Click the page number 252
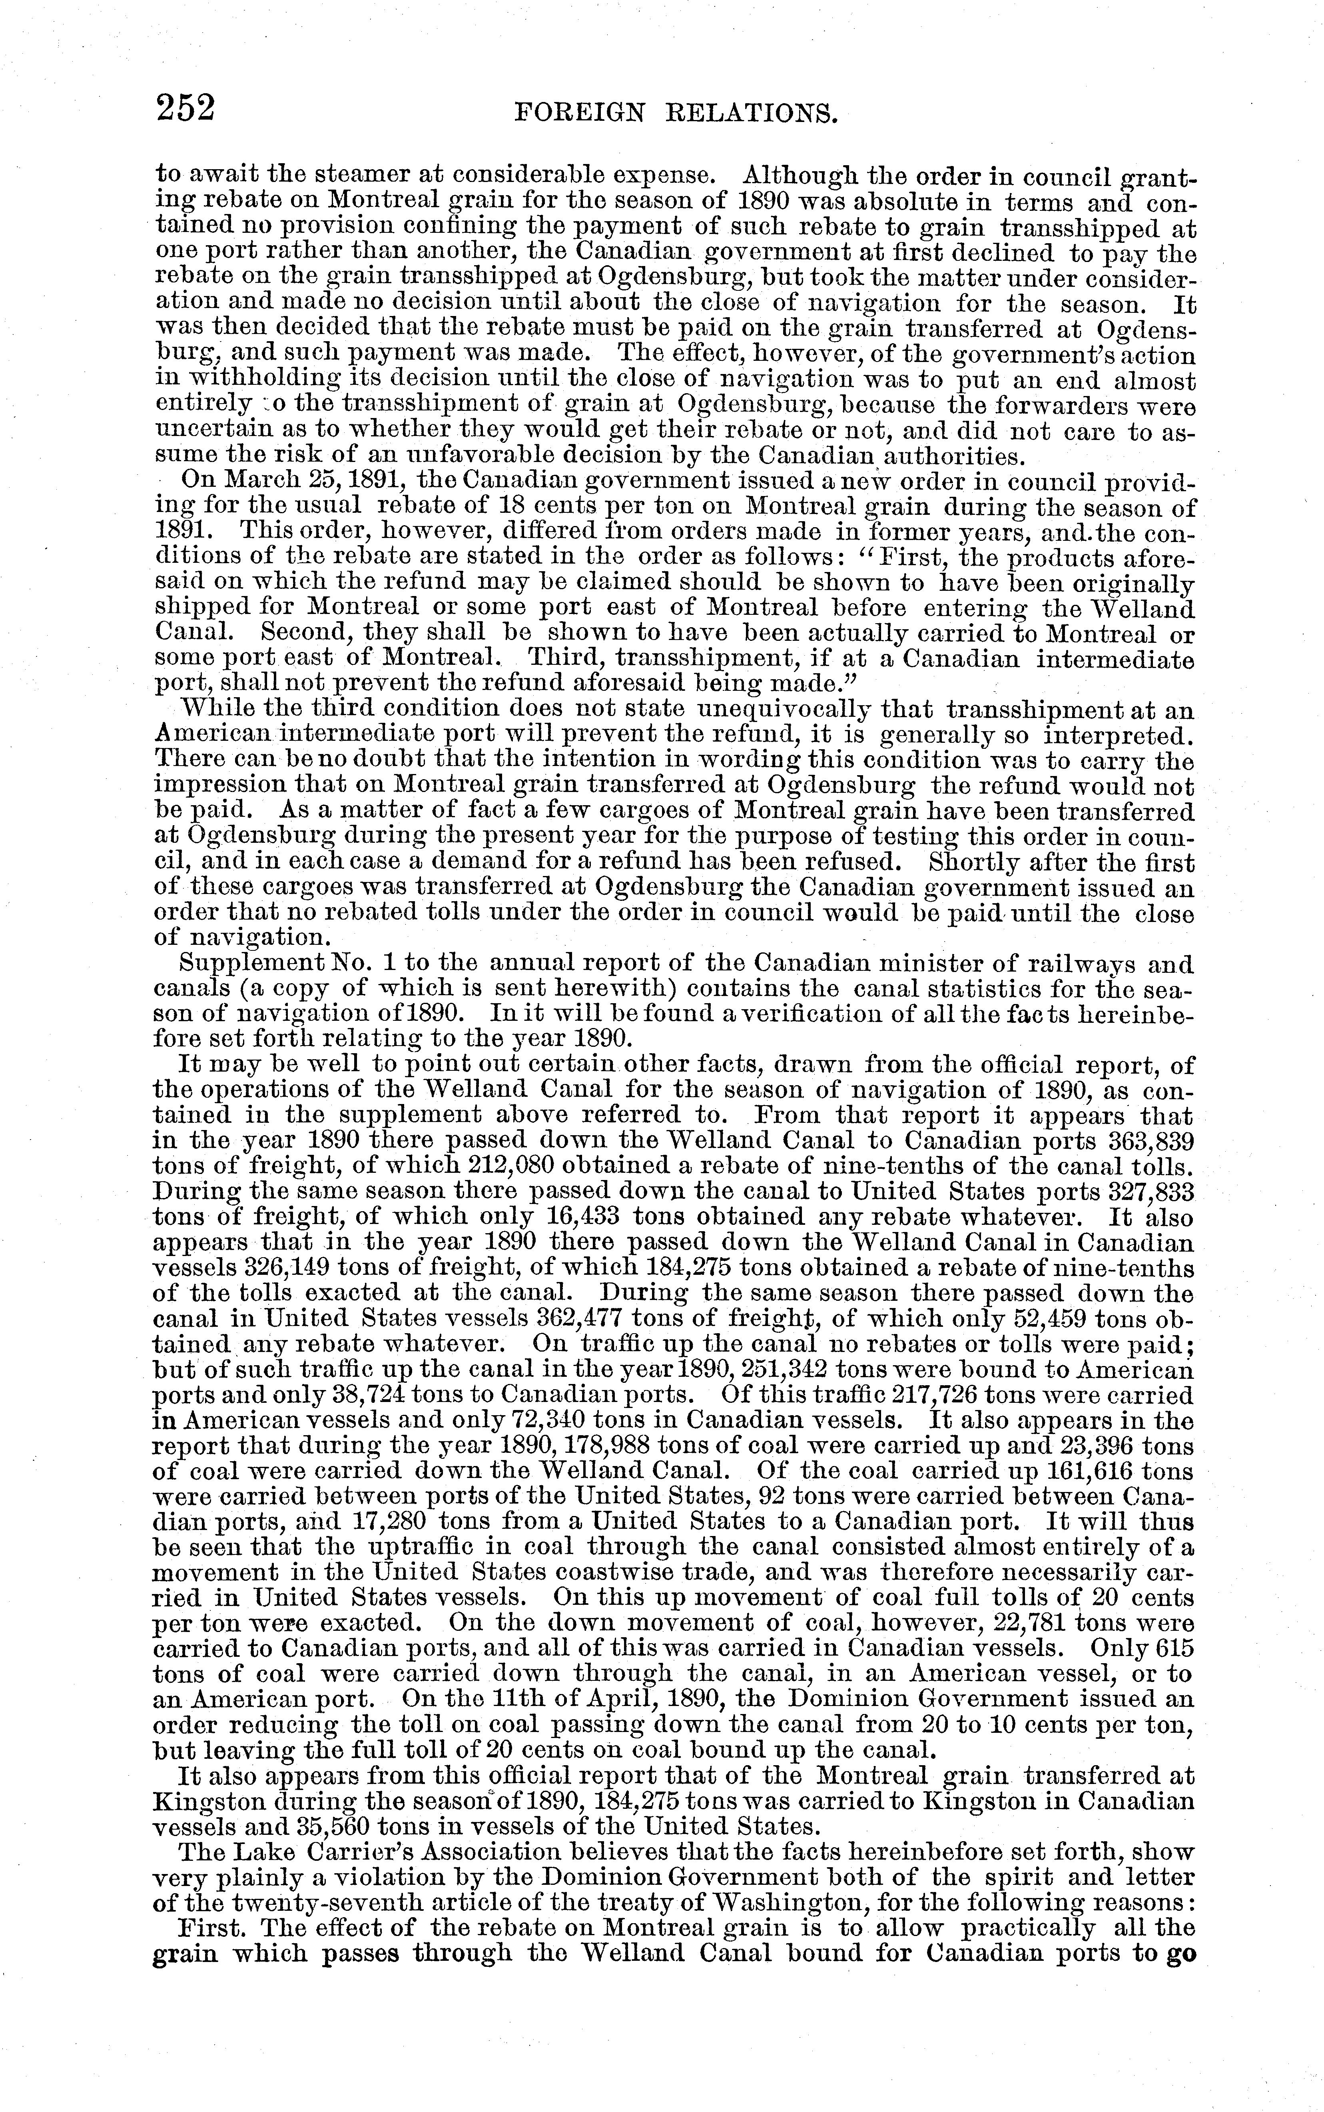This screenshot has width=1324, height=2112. (185, 110)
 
